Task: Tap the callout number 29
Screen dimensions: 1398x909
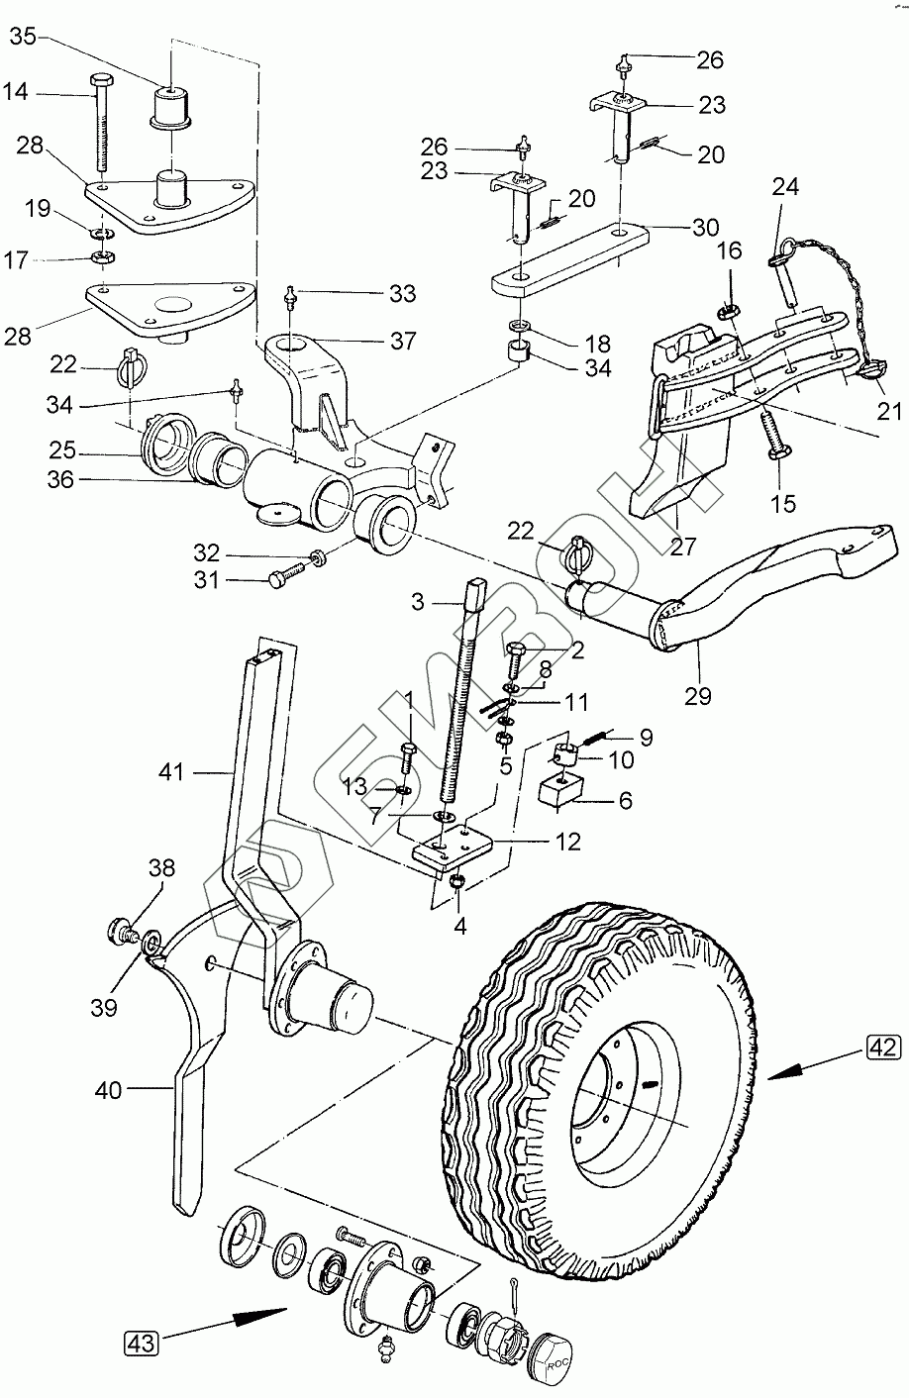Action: point(698,695)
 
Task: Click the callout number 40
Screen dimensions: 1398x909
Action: point(109,1090)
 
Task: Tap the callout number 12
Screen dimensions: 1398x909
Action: point(567,842)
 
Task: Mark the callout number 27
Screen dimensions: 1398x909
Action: point(683,546)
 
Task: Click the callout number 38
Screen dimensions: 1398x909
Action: point(161,868)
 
